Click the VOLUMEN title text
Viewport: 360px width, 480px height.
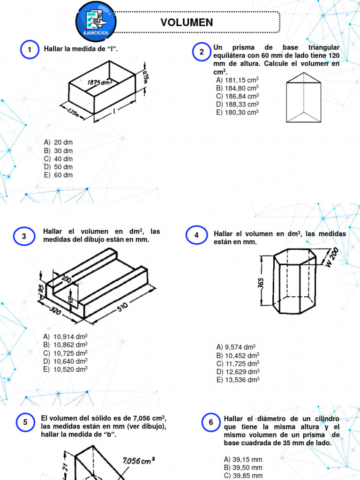pos(187,22)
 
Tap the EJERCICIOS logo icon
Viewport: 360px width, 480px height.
pos(96,20)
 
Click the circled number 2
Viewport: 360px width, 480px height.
pos(202,52)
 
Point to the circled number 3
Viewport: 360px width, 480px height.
pos(24,236)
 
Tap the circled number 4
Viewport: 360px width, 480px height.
pos(196,235)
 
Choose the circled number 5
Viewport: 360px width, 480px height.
pos(25,422)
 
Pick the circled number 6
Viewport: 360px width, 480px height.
pos(211,422)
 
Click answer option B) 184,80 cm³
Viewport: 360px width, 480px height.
pos(237,88)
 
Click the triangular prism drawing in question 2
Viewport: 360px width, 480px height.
pos(304,97)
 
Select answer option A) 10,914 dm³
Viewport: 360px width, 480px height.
pos(66,337)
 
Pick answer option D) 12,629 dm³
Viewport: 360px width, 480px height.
pos(238,372)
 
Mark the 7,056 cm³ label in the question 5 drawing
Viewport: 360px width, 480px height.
pos(139,461)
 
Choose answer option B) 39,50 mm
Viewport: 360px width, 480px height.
pos(243,467)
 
